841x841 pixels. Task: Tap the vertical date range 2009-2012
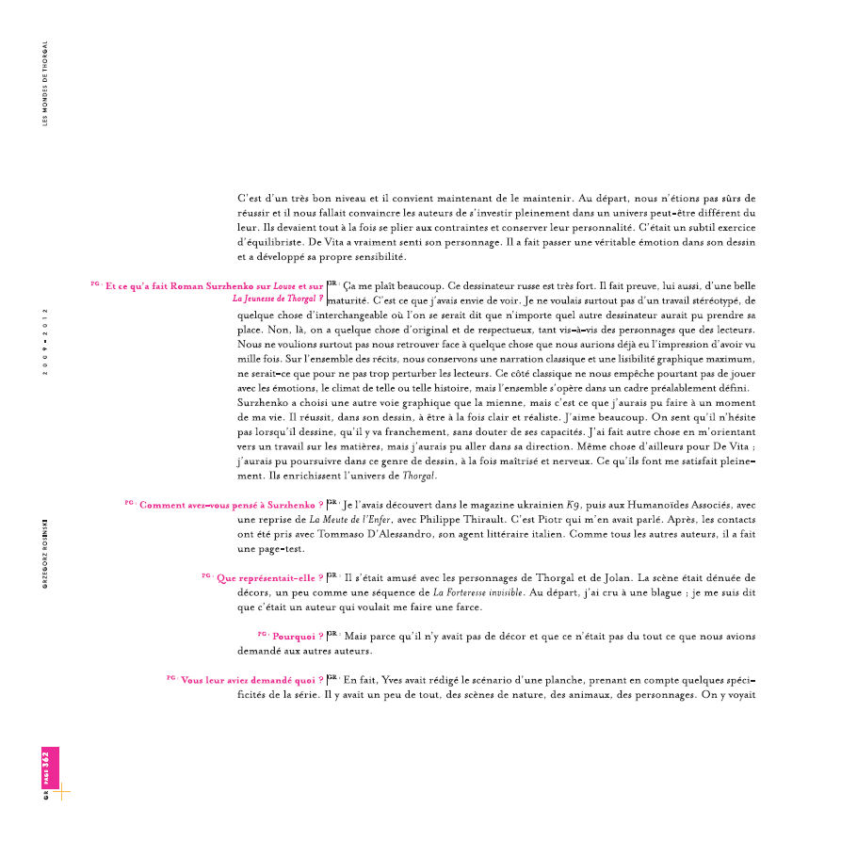pyautogui.click(x=45, y=341)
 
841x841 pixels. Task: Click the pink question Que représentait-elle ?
pyautogui.click(x=269, y=578)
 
